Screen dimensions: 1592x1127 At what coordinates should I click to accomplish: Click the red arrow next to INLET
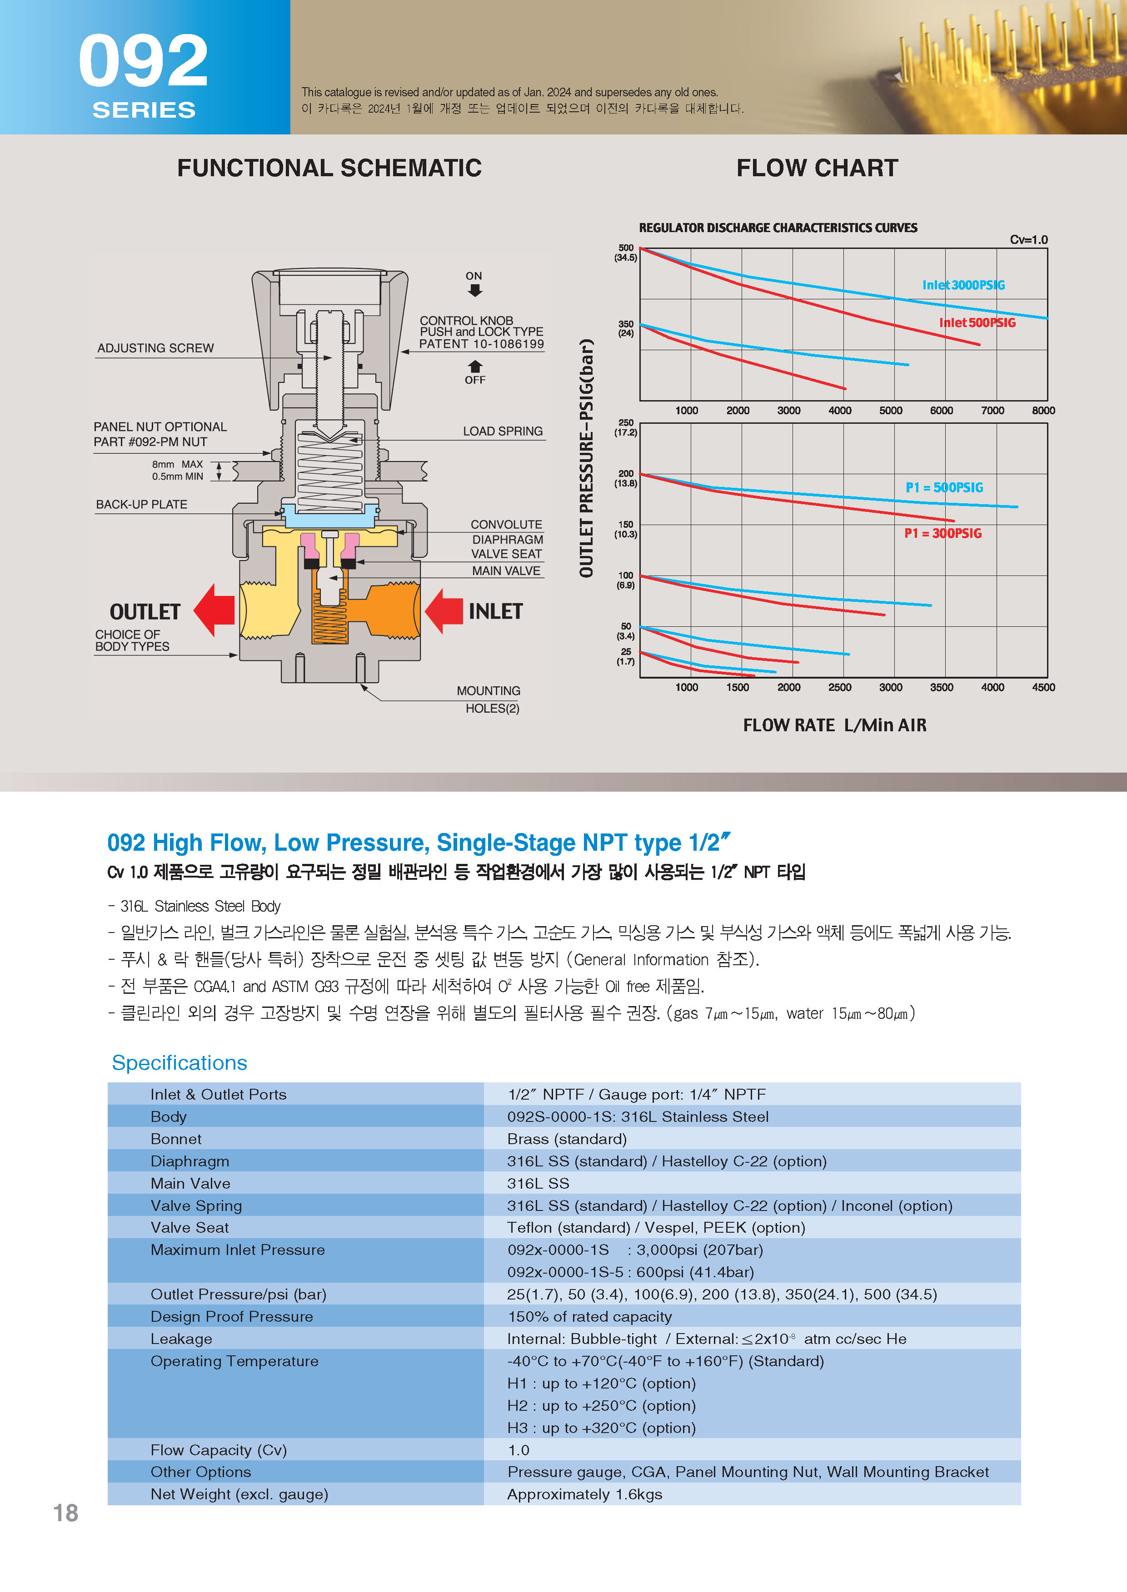(444, 611)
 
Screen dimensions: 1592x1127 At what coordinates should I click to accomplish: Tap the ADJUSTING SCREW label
(155, 348)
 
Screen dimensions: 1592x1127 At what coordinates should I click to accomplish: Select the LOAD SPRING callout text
(503, 431)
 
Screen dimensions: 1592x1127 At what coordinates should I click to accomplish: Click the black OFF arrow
(475, 366)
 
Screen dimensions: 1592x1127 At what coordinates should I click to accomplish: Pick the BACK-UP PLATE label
(142, 504)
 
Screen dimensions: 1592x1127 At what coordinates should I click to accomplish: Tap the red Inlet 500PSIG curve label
(977, 322)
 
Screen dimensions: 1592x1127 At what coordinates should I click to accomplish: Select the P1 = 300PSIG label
(942, 533)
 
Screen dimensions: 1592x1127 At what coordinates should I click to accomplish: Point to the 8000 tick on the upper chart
(1042, 411)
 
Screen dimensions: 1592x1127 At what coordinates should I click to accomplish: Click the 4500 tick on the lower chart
(1042, 687)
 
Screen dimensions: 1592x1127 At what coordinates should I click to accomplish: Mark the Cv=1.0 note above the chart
(1028, 240)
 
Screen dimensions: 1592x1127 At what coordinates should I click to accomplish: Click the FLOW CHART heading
(817, 168)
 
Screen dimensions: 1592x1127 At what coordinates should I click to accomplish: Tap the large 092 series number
(143, 62)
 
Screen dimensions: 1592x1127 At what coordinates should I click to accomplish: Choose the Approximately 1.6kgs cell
(584, 1494)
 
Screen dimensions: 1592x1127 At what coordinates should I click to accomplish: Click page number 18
(66, 1513)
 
